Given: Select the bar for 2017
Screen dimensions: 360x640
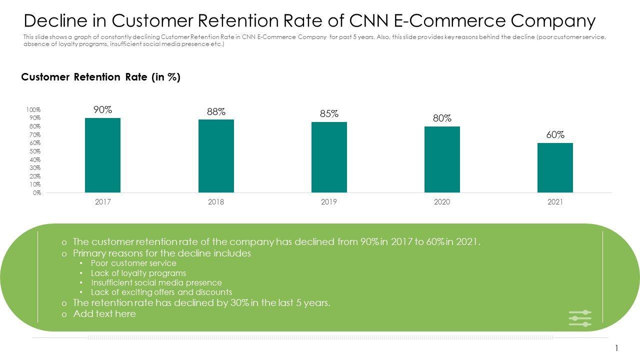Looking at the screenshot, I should [102, 155].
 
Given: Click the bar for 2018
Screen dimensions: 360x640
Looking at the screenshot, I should [216, 156].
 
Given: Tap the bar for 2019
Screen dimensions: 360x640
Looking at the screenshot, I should [329, 157].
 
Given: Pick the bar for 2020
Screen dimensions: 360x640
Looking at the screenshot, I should [442, 159].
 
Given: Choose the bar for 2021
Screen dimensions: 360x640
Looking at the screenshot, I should [555, 167].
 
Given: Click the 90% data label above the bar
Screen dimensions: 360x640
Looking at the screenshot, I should [102, 110].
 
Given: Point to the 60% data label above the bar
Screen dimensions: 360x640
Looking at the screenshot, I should [555, 135].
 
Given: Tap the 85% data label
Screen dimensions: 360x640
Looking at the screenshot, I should [329, 114].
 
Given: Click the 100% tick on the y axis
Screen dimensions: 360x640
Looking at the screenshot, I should [33, 110].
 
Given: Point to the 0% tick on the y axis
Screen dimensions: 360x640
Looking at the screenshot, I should [37, 192].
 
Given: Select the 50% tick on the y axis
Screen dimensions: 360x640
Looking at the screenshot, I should [34, 151].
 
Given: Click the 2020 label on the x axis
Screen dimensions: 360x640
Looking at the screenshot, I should [442, 202].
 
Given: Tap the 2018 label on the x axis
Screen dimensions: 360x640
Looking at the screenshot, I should [216, 202].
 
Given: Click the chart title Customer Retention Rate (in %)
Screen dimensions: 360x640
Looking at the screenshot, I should [100, 77].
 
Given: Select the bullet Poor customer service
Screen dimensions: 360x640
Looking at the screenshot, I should [133, 263].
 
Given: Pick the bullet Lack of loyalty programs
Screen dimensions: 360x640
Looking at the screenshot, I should [138, 273].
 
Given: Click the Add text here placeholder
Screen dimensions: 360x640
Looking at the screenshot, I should [104, 314].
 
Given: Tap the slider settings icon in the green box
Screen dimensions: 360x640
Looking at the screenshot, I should [580, 318].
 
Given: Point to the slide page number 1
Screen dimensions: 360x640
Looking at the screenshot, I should [617, 348].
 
